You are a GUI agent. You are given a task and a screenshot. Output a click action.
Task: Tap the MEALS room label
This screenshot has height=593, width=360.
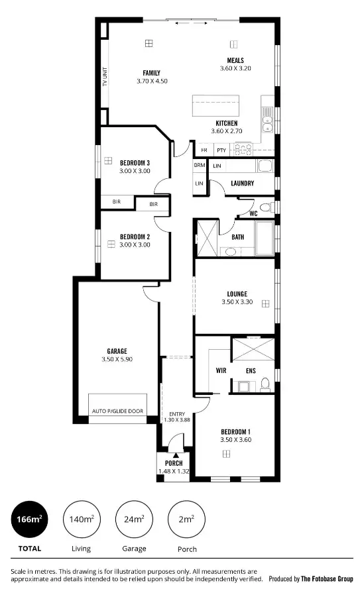235,60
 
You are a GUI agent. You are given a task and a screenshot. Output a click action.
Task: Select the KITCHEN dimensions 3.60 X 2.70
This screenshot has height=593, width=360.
227,131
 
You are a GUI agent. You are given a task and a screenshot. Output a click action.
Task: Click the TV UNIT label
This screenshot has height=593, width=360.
105,77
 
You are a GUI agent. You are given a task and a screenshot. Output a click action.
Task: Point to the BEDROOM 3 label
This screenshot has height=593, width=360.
135,162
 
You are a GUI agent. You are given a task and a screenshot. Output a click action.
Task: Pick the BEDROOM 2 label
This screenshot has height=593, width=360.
135,237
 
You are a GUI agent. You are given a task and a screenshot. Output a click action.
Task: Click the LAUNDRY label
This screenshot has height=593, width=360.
243,183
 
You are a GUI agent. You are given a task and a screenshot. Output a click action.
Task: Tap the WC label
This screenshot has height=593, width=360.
253,213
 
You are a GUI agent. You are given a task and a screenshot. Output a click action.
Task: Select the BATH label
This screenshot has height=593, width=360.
238,237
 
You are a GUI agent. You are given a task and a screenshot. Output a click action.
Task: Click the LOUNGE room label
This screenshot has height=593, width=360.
237,294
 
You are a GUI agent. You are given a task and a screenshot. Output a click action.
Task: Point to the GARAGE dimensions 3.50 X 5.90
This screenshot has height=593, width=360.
117,360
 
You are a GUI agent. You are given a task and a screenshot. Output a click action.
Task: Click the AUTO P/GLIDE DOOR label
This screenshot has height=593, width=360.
117,411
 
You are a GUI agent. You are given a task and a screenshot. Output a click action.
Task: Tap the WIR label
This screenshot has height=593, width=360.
221,371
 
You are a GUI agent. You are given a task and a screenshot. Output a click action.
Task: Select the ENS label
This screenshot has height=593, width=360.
251,371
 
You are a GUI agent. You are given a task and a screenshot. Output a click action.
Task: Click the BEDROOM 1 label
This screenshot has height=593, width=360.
235,431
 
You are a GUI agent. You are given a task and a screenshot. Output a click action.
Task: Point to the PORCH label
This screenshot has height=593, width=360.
174,462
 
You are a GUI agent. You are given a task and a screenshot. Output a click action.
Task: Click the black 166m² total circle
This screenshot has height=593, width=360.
29,519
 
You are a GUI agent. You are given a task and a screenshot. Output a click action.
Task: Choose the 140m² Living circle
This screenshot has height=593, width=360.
81,519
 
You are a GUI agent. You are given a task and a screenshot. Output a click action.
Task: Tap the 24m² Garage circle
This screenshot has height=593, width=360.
134,519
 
